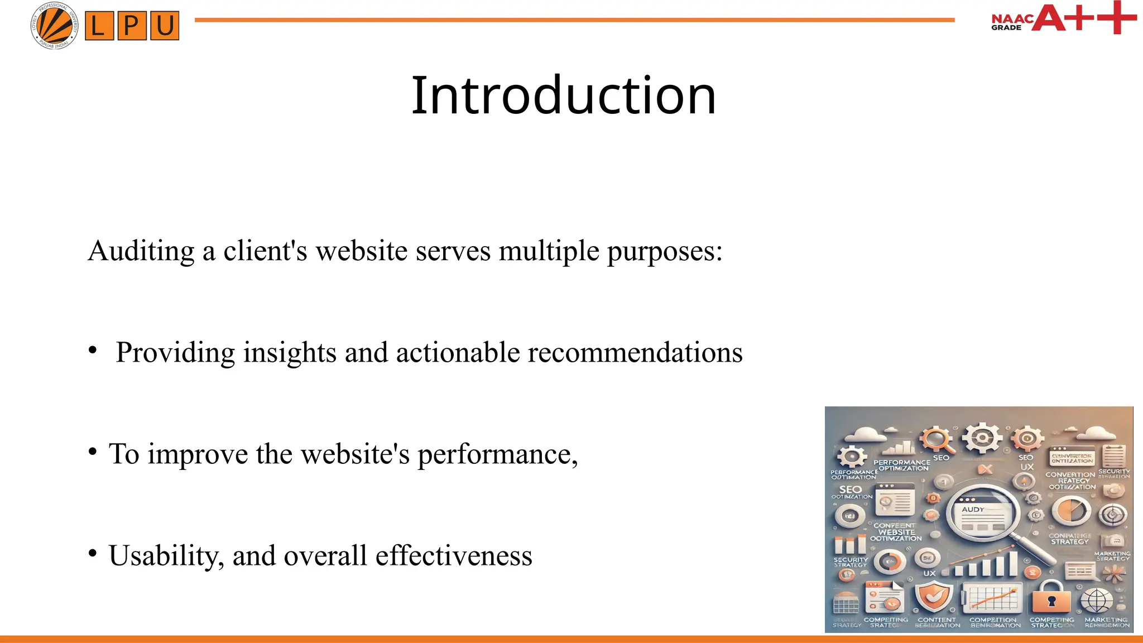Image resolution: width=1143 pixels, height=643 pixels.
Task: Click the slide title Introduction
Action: [563, 95]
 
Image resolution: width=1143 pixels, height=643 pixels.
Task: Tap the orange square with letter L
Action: [99, 26]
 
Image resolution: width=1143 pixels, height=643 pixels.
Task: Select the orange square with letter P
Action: [132, 26]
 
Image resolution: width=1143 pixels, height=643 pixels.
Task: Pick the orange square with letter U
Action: [165, 26]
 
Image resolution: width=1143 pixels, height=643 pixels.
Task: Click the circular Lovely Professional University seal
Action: [54, 26]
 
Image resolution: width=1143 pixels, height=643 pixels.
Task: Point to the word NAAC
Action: [1012, 18]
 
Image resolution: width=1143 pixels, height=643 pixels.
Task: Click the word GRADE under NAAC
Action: [1006, 27]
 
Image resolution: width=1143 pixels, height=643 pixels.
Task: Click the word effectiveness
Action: [454, 556]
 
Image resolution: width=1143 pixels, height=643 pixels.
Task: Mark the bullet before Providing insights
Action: [93, 351]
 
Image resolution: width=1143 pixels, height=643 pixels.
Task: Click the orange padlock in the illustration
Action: [1051, 598]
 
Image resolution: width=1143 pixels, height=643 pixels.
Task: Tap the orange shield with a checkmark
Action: [934, 596]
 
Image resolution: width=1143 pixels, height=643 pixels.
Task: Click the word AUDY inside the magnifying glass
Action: [973, 510]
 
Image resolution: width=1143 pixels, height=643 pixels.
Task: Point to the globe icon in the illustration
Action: [1097, 600]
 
